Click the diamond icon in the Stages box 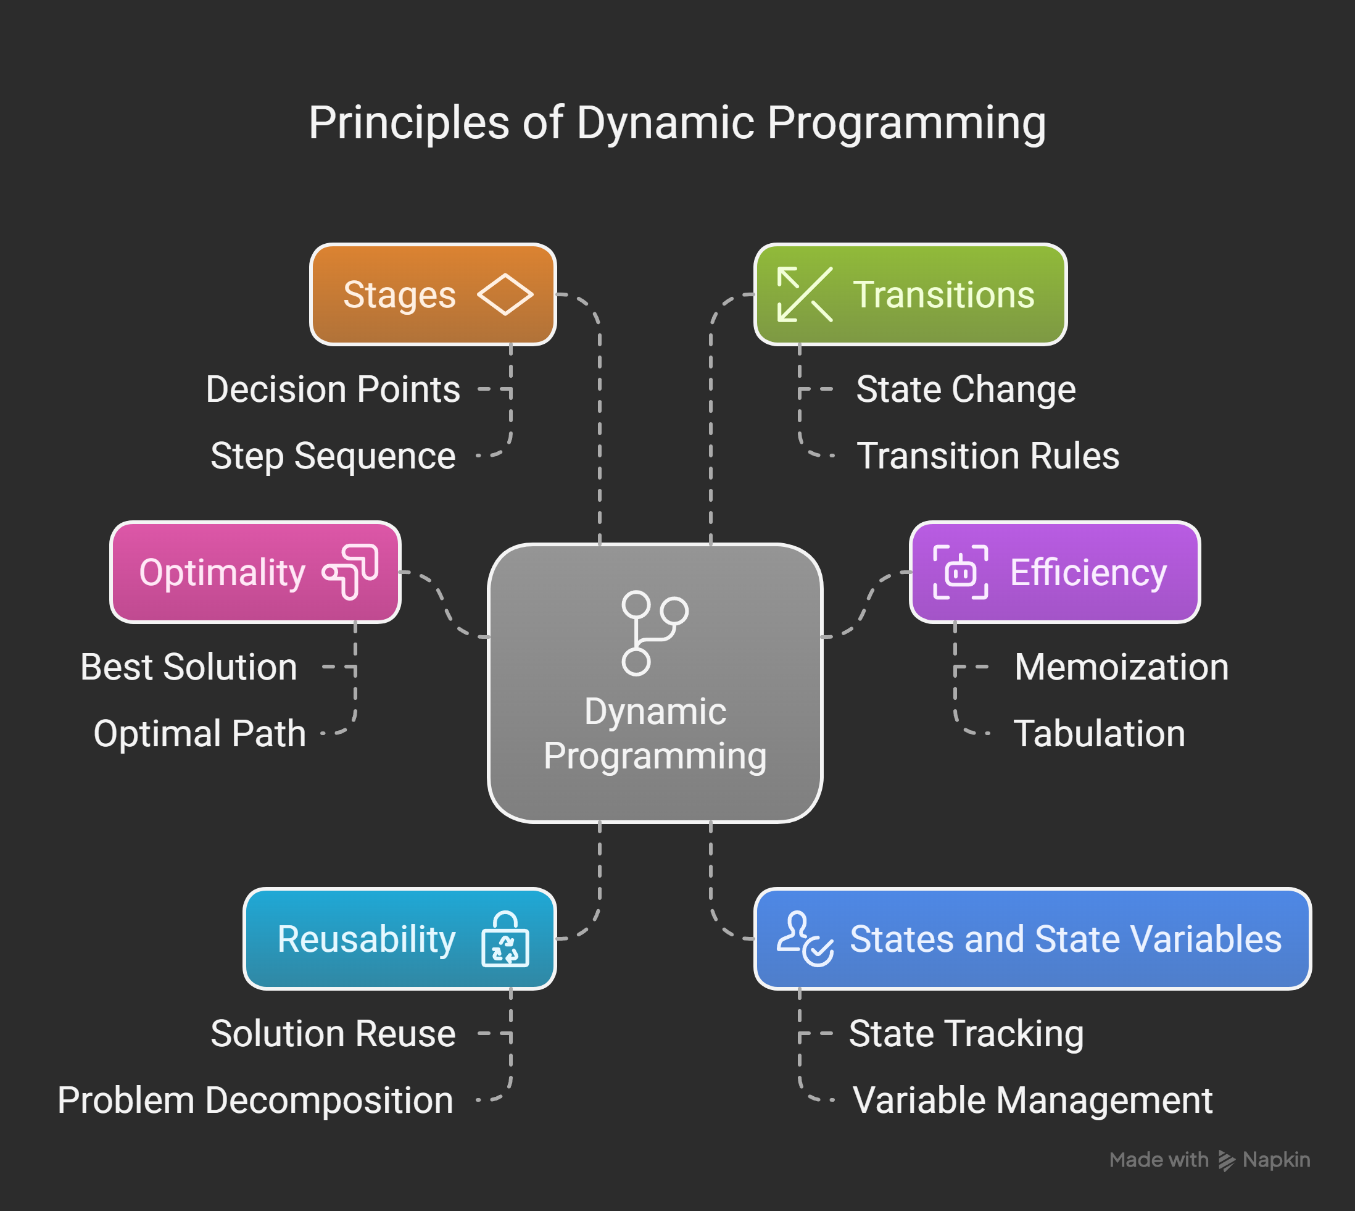coord(505,294)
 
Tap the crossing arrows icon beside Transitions coord(805,294)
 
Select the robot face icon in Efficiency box coord(960,572)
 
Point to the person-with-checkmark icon coord(805,939)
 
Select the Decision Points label coord(333,389)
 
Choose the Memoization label coord(1121,667)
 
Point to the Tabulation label coord(1099,733)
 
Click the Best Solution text coord(188,667)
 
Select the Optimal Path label coord(199,733)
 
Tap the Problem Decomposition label coord(255,1100)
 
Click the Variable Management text coord(1032,1100)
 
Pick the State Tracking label coord(966,1033)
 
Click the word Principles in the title coord(408,124)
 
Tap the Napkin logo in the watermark coord(1226,1160)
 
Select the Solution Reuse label coord(333,1033)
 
